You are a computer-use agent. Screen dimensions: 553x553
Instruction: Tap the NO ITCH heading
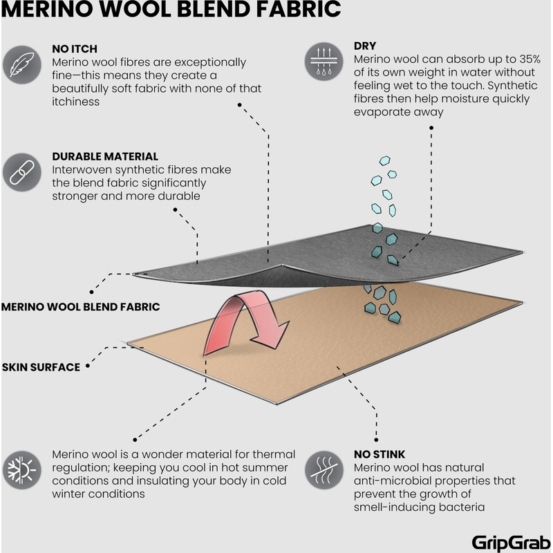tap(75, 49)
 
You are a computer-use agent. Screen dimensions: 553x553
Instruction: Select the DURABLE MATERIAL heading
tap(105, 157)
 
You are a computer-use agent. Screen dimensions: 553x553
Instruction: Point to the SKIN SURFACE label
tap(42, 366)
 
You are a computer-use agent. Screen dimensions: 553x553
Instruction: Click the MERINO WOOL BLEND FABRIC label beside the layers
tap(81, 306)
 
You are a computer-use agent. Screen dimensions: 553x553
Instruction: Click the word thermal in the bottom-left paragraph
tap(273, 454)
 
